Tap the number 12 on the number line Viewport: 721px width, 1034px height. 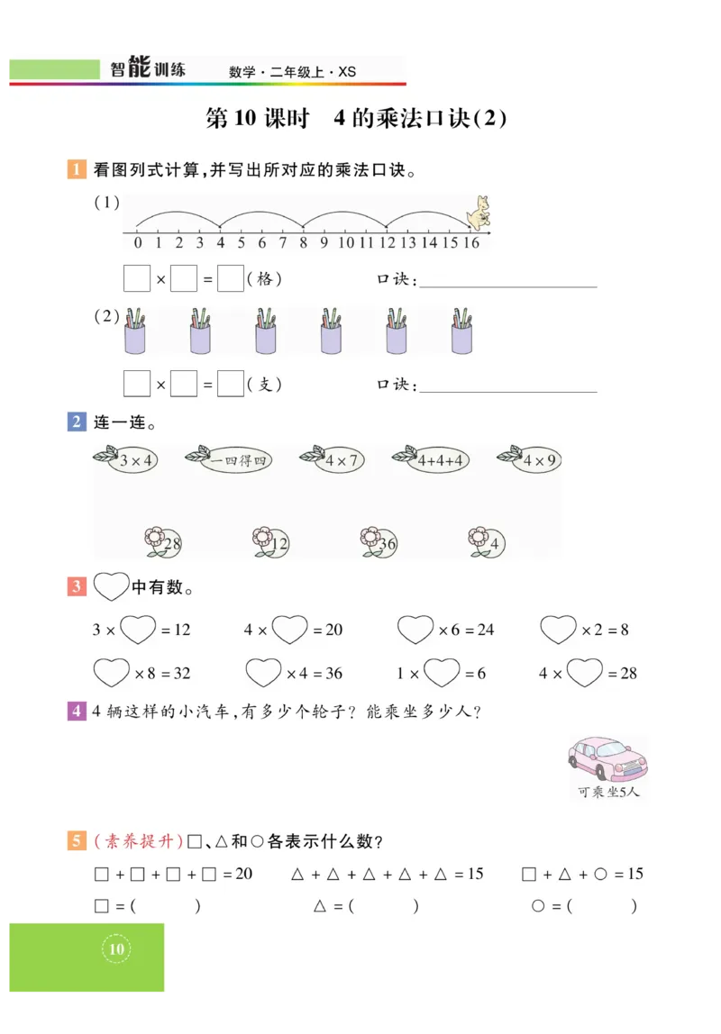point(388,242)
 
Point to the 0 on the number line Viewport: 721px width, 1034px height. point(137,242)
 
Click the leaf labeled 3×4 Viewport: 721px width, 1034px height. point(129,460)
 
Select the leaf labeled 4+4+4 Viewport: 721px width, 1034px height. point(432,460)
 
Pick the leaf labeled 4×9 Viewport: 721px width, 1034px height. point(532,460)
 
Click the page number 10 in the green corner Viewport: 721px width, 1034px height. point(116,949)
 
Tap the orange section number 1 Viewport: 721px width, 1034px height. point(77,169)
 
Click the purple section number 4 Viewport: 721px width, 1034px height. point(77,711)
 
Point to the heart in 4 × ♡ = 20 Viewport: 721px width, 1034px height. point(290,629)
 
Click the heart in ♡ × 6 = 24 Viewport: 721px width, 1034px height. point(415,629)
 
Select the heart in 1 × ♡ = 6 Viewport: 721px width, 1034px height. point(442,672)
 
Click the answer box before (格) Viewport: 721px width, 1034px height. point(231,279)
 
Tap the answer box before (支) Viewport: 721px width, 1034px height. point(231,385)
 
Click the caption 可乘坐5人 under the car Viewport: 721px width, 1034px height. point(608,793)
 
